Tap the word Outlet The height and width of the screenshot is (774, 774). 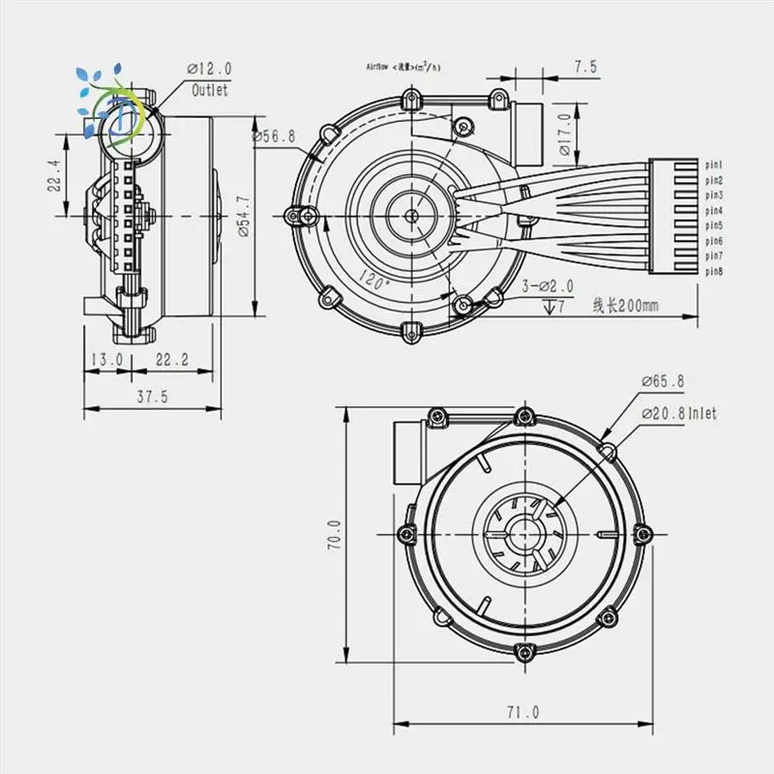[x=210, y=90]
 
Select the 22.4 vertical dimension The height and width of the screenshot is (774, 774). [x=57, y=176]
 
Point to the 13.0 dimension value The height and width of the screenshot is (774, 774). [x=106, y=359]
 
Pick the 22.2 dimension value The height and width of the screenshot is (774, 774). [x=170, y=359]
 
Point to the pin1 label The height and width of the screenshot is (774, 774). [x=714, y=165]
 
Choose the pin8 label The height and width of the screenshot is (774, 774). [x=714, y=272]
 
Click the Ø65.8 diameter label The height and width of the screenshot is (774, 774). [x=663, y=382]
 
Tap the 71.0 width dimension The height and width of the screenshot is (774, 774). [x=521, y=712]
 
